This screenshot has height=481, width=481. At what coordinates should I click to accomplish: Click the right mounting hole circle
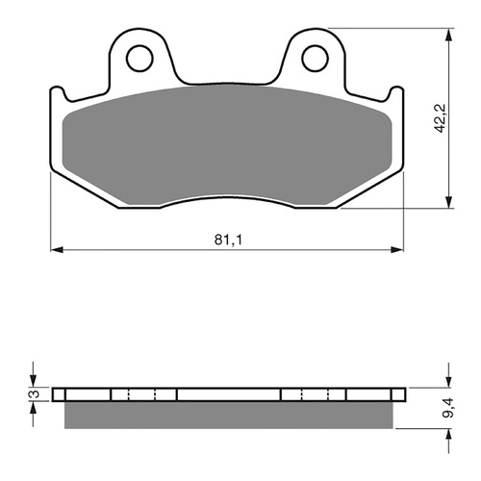[x=315, y=59]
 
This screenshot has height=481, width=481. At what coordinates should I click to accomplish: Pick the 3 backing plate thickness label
[x=32, y=394]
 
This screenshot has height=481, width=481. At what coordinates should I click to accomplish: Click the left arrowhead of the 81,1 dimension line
[x=55, y=250]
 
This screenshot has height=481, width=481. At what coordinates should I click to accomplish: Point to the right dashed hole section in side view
[x=314, y=394]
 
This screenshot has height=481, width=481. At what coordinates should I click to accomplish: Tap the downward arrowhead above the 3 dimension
[x=34, y=382]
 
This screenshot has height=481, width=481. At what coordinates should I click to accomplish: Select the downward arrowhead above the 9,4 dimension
[x=447, y=382]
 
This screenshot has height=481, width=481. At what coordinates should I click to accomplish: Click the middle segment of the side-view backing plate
[x=228, y=394]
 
